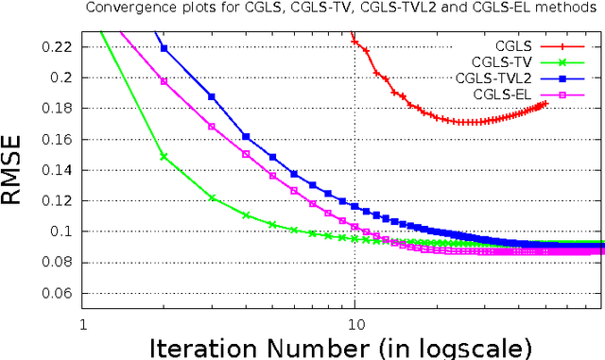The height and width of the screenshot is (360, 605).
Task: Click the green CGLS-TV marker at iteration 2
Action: tap(164, 157)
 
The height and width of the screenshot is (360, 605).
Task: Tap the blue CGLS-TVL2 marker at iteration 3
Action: tap(212, 96)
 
